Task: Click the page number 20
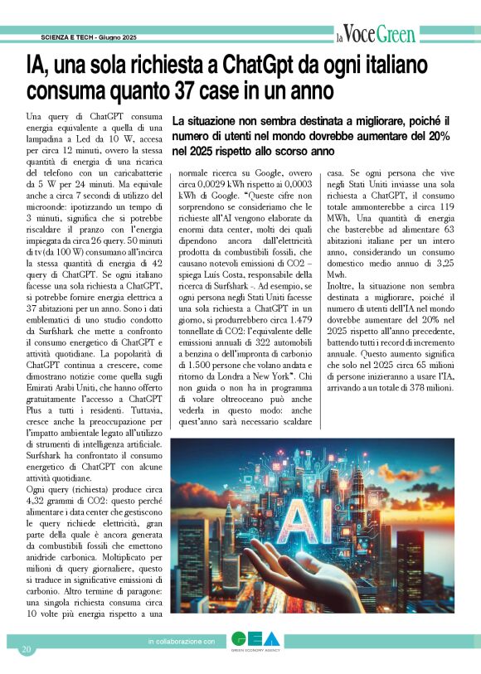[x=27, y=648]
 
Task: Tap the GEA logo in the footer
[x=255, y=641]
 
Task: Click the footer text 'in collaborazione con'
[x=182, y=642]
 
